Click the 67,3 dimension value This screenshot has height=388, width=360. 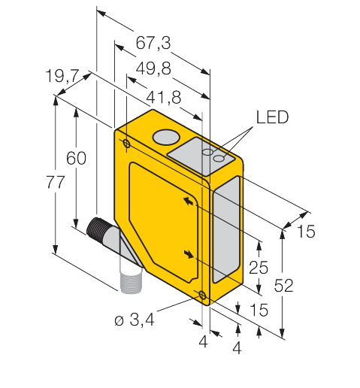[x=153, y=43]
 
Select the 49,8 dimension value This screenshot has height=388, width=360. [x=153, y=68]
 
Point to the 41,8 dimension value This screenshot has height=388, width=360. [x=163, y=97]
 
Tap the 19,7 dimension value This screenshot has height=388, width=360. [x=62, y=75]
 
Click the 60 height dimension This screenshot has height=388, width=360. [x=76, y=158]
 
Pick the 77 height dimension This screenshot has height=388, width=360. [x=56, y=182]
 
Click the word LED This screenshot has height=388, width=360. [x=272, y=117]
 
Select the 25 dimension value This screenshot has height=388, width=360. [x=259, y=267]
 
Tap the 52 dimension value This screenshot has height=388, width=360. [x=283, y=285]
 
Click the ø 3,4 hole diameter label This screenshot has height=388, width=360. [x=135, y=320]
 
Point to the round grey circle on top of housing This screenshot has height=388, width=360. [x=166, y=137]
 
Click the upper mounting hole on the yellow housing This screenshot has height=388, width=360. [x=127, y=144]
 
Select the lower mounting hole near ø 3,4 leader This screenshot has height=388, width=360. [x=202, y=296]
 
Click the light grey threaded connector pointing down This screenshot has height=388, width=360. [x=131, y=282]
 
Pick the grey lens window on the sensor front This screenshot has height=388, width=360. [x=225, y=229]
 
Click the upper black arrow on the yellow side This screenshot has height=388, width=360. [x=189, y=201]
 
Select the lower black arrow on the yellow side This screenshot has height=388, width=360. [x=189, y=254]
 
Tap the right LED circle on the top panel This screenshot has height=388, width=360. [x=219, y=159]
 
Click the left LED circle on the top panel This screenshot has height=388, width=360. [x=208, y=152]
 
